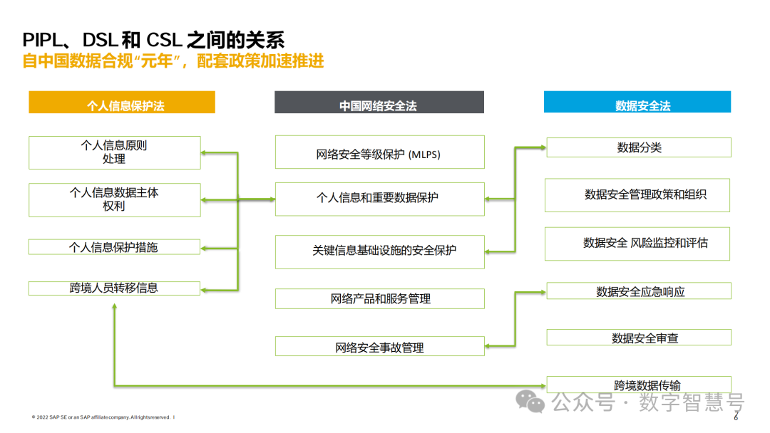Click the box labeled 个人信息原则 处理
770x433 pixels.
point(114,152)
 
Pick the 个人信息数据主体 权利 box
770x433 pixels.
point(114,199)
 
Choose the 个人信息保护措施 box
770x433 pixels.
point(114,247)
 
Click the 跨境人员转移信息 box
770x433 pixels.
point(114,288)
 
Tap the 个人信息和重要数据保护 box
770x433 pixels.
point(379,199)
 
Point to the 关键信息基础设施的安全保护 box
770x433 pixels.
point(379,251)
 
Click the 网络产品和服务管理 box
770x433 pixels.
point(379,298)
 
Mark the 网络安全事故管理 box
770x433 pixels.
point(379,347)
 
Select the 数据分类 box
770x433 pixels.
point(639,147)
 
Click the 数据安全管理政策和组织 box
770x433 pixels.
point(637,194)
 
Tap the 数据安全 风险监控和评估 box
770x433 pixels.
point(637,243)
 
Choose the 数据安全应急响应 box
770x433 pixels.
point(639,291)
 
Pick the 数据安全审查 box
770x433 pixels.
point(639,338)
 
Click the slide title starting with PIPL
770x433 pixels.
point(153,39)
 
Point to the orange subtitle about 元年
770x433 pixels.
point(173,61)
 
